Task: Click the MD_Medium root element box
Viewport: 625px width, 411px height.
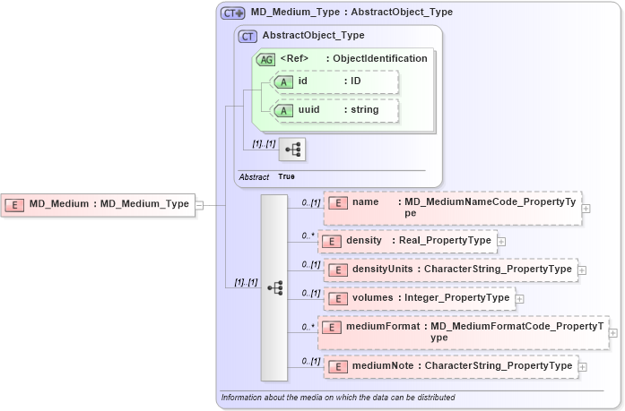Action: pyautogui.click(x=98, y=204)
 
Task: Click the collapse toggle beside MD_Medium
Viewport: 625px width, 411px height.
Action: pyautogui.click(x=199, y=204)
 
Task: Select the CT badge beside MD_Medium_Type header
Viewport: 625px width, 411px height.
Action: pyautogui.click(x=233, y=13)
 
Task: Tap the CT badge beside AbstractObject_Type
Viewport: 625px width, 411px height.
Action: pyautogui.click(x=247, y=36)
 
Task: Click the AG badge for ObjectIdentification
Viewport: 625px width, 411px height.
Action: pyautogui.click(x=266, y=59)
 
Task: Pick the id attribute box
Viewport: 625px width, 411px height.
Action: pyautogui.click(x=334, y=81)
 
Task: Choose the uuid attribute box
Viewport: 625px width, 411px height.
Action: pyautogui.click(x=334, y=110)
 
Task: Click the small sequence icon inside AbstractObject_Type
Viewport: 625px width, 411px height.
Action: pyautogui.click(x=292, y=149)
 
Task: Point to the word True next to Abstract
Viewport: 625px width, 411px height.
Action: pyautogui.click(x=286, y=176)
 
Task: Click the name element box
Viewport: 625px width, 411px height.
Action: pyautogui.click(x=452, y=208)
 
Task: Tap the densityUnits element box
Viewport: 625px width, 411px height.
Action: pyautogui.click(x=449, y=270)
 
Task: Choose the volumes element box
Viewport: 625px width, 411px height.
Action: pyautogui.click(x=418, y=298)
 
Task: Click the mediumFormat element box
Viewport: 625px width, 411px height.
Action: pyautogui.click(x=463, y=332)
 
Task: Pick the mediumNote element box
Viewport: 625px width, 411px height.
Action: pyautogui.click(x=449, y=366)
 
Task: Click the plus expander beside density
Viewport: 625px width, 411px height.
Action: pyautogui.click(x=501, y=241)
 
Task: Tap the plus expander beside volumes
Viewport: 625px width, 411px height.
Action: pyautogui.click(x=519, y=298)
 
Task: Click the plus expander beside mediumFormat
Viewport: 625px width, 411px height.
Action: pyautogui.click(x=613, y=332)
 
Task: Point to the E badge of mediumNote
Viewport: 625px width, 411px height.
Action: pyautogui.click(x=338, y=366)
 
